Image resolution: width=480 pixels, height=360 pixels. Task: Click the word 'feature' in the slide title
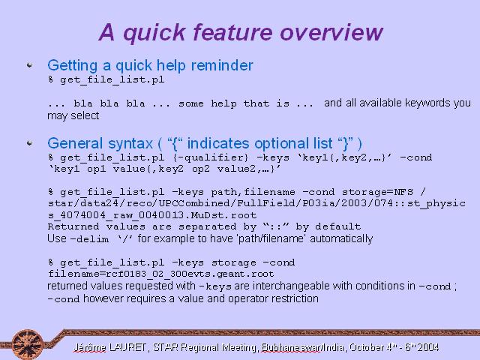pyautogui.click(x=233, y=32)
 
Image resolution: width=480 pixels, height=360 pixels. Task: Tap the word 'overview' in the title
pyautogui.click(x=331, y=32)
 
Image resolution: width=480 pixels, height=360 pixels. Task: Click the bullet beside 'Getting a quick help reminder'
pyautogui.click(x=30, y=65)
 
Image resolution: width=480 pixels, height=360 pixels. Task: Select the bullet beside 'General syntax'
pyautogui.click(x=30, y=143)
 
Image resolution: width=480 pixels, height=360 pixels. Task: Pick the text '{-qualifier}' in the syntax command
pyautogui.click(x=211, y=157)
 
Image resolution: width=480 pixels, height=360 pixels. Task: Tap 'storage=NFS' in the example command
pyautogui.click(x=377, y=192)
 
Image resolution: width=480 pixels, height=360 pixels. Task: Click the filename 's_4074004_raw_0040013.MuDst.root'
pyautogui.click(x=152, y=215)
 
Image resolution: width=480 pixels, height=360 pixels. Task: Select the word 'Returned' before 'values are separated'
pyautogui.click(x=73, y=226)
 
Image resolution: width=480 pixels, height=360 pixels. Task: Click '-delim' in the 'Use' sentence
pyautogui.click(x=89, y=238)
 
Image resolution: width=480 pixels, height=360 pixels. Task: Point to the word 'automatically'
pyautogui.click(x=341, y=238)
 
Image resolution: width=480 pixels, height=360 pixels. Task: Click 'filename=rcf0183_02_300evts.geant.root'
pyautogui.click(x=161, y=274)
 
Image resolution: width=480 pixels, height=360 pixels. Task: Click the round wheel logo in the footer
pyautogui.click(x=27, y=344)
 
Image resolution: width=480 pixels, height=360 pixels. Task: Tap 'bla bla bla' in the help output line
pyautogui.click(x=109, y=103)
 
